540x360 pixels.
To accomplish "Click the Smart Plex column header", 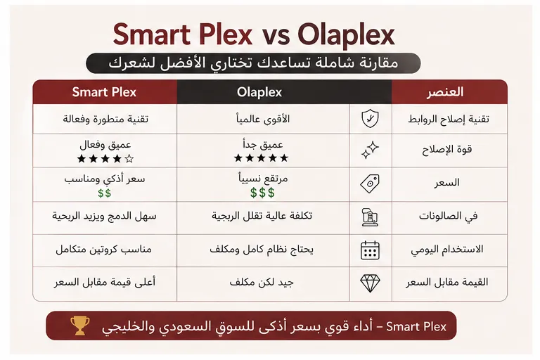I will [x=104, y=92].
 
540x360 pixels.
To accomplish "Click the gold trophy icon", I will [x=78, y=326].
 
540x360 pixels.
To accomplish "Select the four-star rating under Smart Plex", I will [x=105, y=159].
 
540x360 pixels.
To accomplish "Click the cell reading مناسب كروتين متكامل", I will [x=105, y=250].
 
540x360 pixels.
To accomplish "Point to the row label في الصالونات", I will [x=447, y=217].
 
